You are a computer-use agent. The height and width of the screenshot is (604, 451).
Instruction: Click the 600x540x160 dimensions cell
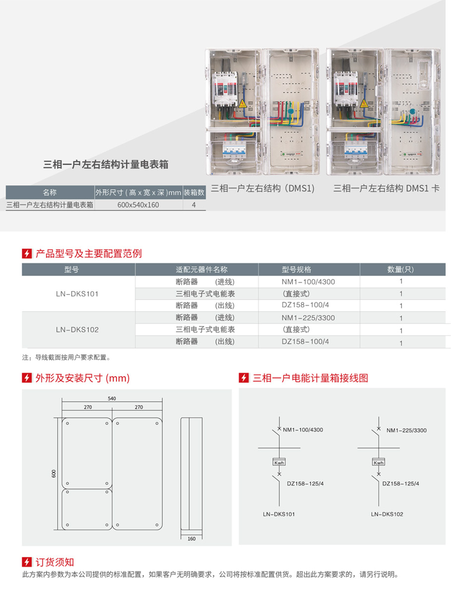(x=138, y=205)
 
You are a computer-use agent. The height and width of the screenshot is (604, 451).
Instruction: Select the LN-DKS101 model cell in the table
(x=77, y=294)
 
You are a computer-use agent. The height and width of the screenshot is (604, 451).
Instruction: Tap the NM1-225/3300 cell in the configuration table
(x=308, y=318)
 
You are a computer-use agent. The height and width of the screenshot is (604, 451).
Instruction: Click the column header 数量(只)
(x=400, y=270)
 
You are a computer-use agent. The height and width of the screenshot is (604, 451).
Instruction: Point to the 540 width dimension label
(x=112, y=398)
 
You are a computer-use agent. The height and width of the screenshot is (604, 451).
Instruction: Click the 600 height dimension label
(x=54, y=474)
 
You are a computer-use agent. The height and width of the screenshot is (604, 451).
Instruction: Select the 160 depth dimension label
(x=191, y=539)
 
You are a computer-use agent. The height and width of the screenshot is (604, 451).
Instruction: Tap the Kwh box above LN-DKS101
(x=279, y=463)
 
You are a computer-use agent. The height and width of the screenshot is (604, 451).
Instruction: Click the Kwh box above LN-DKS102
(x=378, y=463)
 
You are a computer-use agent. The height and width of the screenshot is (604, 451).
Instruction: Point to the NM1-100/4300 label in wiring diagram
(x=303, y=430)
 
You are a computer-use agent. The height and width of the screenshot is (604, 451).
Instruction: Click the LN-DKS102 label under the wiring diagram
(x=387, y=514)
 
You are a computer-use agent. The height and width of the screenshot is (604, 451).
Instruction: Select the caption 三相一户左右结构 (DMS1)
(x=263, y=188)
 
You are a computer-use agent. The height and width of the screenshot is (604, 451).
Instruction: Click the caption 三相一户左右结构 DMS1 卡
(x=387, y=188)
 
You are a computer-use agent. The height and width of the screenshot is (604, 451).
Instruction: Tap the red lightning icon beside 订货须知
(x=27, y=562)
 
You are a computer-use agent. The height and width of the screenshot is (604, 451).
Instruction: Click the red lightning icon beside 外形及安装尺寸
(x=27, y=378)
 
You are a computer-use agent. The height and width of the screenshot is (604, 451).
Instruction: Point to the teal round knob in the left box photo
(x=291, y=111)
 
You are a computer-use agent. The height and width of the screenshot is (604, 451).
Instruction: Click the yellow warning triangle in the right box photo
(x=364, y=104)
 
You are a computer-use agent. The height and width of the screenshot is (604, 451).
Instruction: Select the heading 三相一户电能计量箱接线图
(x=310, y=378)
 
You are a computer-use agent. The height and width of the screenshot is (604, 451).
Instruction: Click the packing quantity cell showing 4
(x=194, y=205)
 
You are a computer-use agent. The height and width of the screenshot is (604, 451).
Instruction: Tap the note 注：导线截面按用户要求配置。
(x=66, y=357)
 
